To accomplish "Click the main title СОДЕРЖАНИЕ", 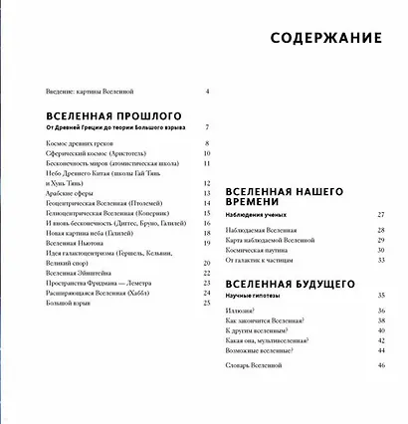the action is (x=326, y=39).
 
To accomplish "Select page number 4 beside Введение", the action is (x=206, y=92).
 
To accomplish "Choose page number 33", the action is (x=380, y=260).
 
